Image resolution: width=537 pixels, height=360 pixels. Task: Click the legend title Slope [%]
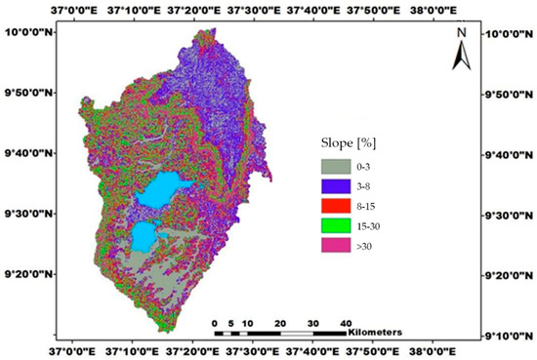click(350, 143)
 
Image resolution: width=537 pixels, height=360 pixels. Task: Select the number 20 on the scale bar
click(279, 321)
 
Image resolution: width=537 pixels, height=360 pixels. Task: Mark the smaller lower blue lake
click(144, 234)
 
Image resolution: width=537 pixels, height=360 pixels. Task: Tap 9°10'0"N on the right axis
click(510, 337)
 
